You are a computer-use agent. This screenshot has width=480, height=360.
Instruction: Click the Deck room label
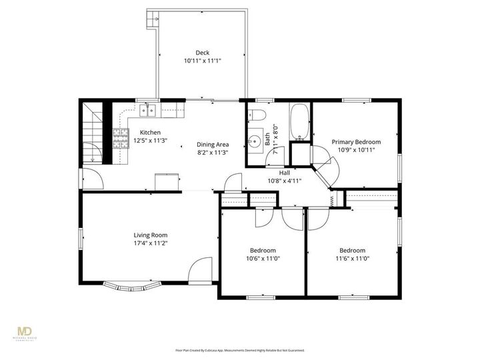tap(202, 53)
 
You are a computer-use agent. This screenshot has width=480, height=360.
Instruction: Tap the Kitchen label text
tap(150, 132)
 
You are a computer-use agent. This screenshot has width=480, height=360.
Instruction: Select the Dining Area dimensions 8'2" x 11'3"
tap(213, 153)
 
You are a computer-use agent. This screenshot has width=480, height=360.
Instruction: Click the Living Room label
tap(150, 235)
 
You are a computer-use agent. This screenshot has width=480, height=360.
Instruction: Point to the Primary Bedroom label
tap(356, 141)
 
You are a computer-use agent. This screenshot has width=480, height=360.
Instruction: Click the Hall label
tap(284, 172)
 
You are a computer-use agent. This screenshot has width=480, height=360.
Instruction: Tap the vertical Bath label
tap(268, 139)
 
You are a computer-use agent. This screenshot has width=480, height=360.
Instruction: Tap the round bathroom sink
tap(254, 141)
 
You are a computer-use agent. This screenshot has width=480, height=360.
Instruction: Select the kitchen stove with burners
tap(121, 140)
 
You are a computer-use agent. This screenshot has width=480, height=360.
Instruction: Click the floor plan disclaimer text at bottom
tap(239, 349)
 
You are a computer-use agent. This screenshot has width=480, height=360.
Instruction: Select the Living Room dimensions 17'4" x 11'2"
tap(150, 243)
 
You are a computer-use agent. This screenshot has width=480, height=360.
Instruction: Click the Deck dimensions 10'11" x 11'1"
tap(202, 61)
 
